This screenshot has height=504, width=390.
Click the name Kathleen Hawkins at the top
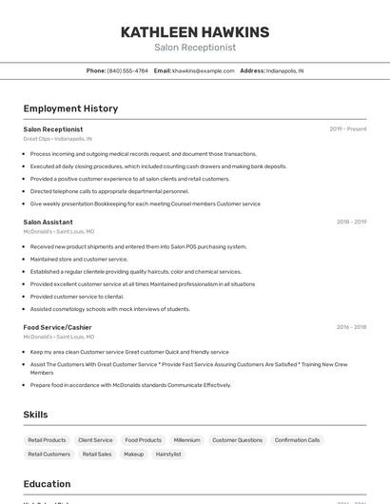click(195, 32)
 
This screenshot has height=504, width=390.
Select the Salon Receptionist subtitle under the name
click(195, 48)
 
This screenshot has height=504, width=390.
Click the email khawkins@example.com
click(203, 71)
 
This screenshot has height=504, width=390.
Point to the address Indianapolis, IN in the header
click(284, 71)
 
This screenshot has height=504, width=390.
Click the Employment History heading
click(70, 109)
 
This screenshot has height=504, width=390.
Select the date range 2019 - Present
click(348, 129)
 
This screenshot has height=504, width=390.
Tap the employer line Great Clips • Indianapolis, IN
click(57, 139)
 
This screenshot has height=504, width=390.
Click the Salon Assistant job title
click(49, 222)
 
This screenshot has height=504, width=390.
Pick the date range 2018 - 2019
click(351, 222)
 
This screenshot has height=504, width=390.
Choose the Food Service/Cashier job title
click(58, 327)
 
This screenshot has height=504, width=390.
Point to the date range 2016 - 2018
click(351, 327)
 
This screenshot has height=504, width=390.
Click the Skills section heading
click(35, 415)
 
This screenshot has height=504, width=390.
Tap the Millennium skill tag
click(186, 440)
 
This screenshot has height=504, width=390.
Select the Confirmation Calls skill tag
click(298, 440)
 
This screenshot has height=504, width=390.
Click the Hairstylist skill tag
click(168, 455)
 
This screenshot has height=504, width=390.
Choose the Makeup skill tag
click(134, 455)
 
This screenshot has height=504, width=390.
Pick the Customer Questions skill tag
click(237, 440)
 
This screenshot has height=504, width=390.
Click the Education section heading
click(47, 484)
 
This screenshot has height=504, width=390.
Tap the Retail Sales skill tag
click(97, 455)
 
